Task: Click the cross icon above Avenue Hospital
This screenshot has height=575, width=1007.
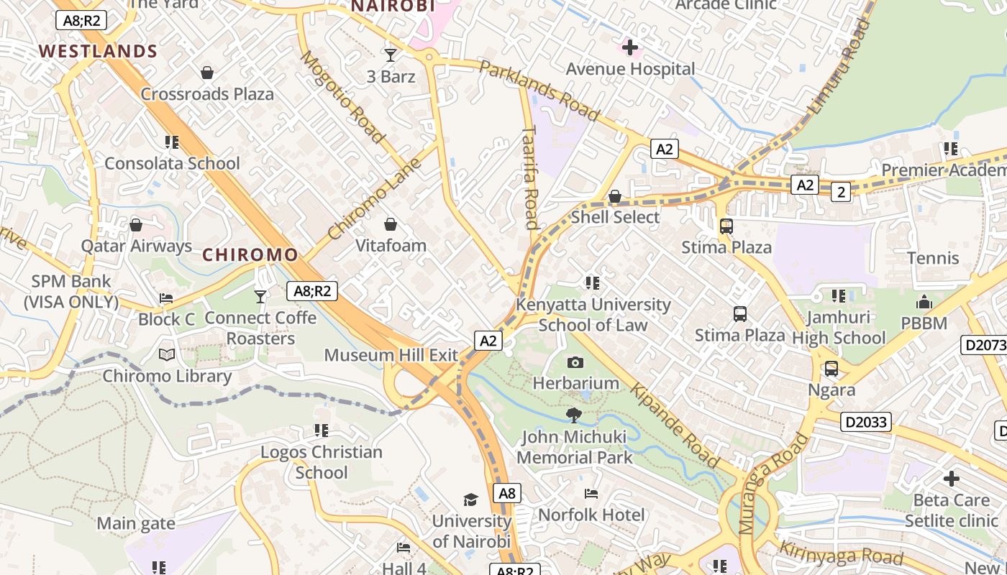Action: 630,48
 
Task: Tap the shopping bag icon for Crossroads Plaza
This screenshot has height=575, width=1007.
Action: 207,73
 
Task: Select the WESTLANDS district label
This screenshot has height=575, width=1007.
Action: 98,51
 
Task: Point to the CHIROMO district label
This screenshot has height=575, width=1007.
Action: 250,254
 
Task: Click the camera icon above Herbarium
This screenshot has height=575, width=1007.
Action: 575,362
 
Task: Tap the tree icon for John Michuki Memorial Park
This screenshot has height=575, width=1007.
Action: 573,415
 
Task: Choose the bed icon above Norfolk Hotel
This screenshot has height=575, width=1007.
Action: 591,494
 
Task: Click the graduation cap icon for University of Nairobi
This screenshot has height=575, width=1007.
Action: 470,500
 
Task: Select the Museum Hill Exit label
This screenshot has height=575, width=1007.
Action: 391,355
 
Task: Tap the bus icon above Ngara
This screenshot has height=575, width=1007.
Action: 831,369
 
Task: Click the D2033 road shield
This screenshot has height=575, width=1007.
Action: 865,422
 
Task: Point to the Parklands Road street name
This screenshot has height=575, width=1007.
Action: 539,91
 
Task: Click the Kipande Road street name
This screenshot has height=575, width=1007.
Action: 675,425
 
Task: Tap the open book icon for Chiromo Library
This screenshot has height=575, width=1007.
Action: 167,355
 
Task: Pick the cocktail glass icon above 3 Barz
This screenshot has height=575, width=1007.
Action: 391,55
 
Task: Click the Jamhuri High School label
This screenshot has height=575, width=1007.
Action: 839,328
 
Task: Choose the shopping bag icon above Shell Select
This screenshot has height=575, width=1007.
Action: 615,196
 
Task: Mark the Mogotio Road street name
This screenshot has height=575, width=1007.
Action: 342,96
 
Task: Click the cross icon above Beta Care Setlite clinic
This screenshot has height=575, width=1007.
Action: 951,479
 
